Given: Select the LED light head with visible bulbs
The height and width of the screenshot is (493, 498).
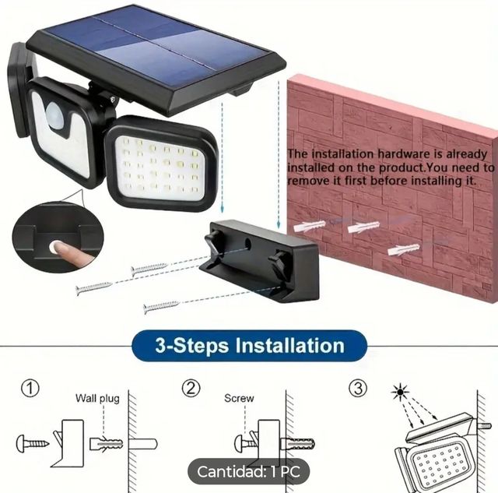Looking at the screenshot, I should coord(160,164).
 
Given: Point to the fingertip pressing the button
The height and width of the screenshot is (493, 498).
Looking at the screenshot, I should coord(57,248).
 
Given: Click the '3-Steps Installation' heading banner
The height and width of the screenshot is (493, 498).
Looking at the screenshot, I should coord(249,345).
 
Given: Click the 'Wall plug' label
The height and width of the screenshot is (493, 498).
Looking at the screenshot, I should coord(97,399).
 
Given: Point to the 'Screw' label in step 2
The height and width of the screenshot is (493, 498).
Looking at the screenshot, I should coord(239,399).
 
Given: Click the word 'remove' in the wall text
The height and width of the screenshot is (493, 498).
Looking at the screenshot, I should coord(307,181).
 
